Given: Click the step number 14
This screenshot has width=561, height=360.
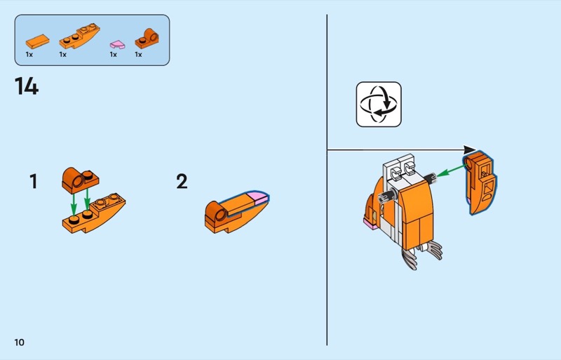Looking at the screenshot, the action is pos(27,86).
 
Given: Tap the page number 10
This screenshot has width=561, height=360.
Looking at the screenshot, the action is pos(20,342).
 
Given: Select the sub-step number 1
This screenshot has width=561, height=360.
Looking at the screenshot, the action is pos(33,181).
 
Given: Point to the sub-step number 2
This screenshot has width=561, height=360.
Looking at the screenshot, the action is pos(182,181).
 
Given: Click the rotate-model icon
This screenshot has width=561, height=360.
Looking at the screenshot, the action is pos(379,105).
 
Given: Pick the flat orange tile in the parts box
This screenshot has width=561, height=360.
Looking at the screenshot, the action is pos(37,41).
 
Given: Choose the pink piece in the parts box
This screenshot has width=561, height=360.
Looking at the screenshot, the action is pos(117,44).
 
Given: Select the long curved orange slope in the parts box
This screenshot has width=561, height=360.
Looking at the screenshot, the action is pos(79,36).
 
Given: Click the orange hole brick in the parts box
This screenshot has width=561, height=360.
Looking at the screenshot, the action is pos(147,39).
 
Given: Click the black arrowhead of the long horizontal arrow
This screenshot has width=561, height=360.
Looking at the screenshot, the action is pos(469,149).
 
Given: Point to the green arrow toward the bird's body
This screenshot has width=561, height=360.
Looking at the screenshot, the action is pos(452,170).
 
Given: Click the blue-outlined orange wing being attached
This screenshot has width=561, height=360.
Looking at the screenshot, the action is pos(480,182).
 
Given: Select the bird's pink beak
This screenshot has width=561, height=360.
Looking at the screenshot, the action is pos(371,224).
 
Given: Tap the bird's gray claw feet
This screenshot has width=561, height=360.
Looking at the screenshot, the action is pos(422,253).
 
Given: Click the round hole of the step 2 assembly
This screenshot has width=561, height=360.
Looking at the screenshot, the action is pos(220,215).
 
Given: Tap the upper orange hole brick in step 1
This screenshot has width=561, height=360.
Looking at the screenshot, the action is pos(80,180).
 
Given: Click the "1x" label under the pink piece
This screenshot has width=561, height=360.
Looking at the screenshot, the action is pos(114,55).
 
